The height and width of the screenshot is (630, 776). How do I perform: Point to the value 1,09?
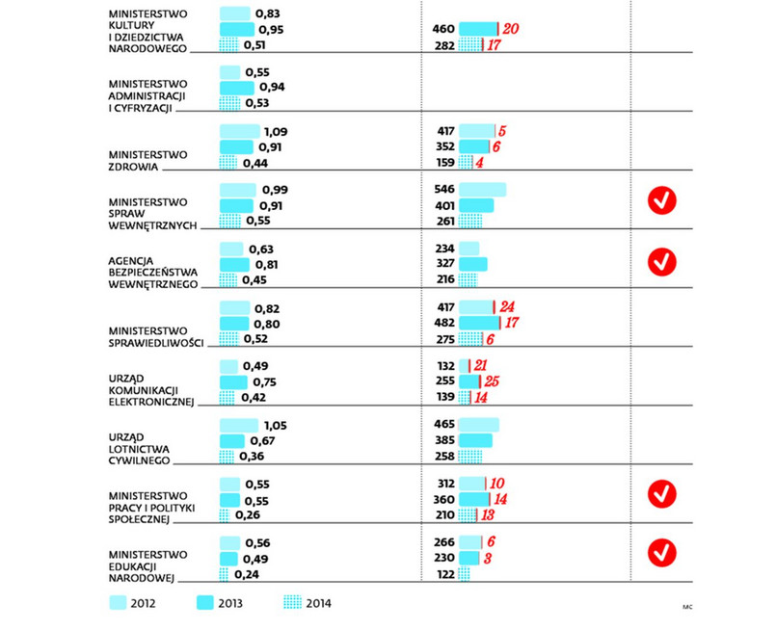click(x=277, y=131)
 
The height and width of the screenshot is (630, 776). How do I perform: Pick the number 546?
click(x=444, y=190)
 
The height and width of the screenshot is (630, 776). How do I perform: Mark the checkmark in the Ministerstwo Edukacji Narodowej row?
click(x=661, y=552)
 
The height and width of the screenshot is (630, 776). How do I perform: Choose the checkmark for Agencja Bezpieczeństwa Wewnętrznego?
click(x=661, y=260)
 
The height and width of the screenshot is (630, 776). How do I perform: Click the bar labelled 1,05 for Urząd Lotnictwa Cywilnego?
click(x=239, y=425)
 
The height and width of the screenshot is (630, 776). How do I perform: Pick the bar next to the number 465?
click(x=479, y=425)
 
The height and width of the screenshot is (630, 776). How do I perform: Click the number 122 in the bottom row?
click(x=444, y=574)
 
